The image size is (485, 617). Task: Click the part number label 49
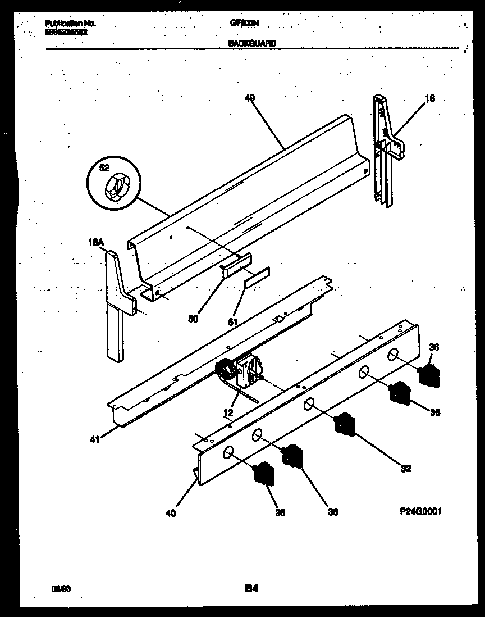pos(250,97)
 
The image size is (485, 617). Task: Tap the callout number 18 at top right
pos(429,99)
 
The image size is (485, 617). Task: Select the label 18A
pos(97,242)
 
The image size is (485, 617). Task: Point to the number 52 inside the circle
pos(104,168)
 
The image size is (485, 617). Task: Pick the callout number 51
pos(232,322)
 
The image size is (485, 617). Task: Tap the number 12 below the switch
pos(228,413)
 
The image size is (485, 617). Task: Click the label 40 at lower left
pos(171,512)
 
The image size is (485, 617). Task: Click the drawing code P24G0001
pos(417,512)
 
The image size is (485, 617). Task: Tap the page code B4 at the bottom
pos(251,588)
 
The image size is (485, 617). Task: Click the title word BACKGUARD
pos(251,43)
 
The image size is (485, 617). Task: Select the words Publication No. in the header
pos(70,24)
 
